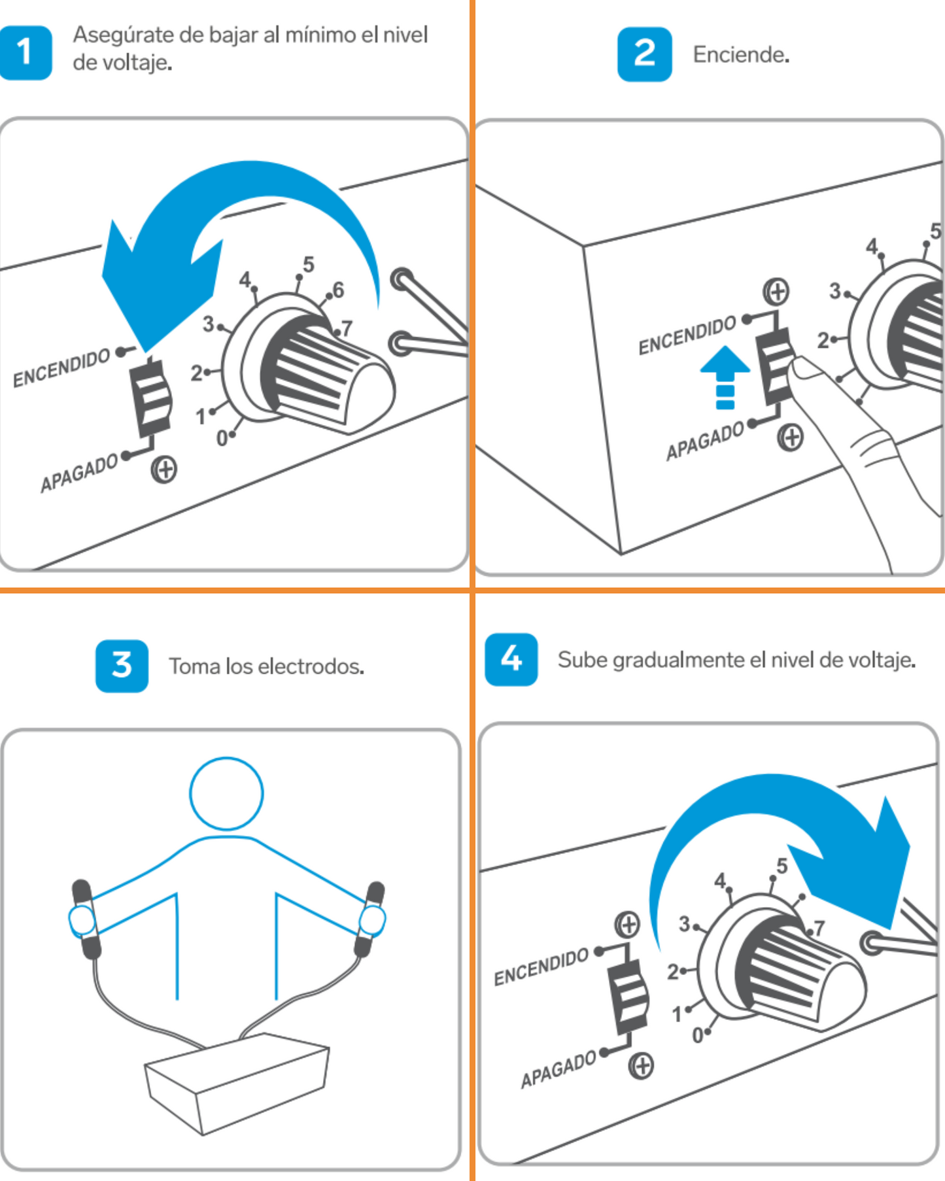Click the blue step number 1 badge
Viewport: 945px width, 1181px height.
point(25,52)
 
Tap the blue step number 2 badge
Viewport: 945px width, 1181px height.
point(644,54)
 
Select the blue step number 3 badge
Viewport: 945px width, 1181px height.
point(122,666)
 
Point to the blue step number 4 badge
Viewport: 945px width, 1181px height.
point(511,659)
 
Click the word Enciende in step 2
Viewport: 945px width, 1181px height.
point(740,55)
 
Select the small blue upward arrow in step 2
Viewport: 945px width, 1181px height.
point(725,376)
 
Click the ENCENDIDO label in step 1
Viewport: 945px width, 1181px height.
point(61,368)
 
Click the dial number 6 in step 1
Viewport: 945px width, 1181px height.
point(338,290)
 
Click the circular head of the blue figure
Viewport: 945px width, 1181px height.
point(226,793)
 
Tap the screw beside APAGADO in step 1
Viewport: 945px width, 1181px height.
point(163,470)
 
